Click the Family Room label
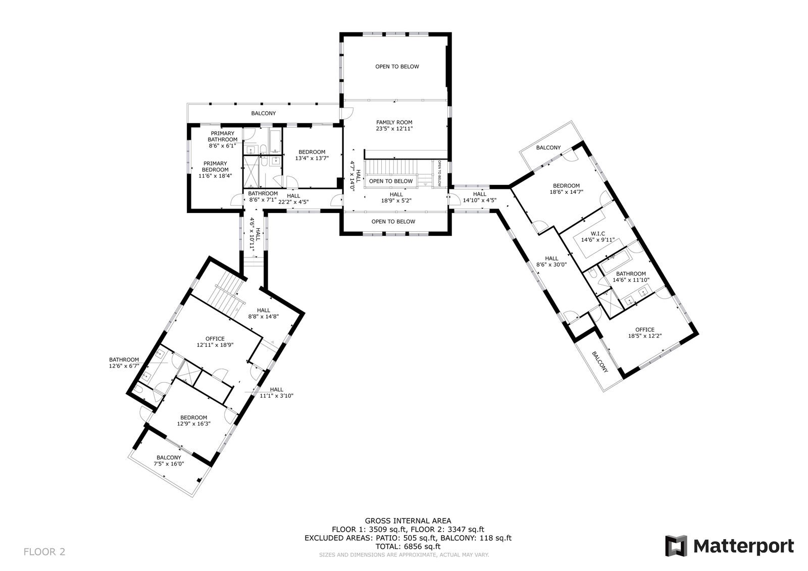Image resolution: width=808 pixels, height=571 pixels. click(x=394, y=122)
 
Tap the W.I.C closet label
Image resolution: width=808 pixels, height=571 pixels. click(x=598, y=234)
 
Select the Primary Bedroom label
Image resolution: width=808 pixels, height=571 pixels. click(x=215, y=166)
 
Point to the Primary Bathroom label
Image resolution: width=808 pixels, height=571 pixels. click(x=223, y=136)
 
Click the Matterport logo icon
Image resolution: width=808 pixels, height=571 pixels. click(x=676, y=546)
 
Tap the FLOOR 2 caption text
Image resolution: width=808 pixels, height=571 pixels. click(x=44, y=551)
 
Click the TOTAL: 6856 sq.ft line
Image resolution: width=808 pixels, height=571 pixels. click(x=408, y=546)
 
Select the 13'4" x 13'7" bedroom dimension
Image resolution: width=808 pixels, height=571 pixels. click(x=312, y=158)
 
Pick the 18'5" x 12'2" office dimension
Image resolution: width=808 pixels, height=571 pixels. click(x=644, y=335)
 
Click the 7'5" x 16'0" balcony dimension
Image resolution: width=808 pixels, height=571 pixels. click(x=169, y=463)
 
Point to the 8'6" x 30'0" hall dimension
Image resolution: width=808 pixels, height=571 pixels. click(x=551, y=265)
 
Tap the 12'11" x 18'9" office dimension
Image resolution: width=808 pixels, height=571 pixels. click(x=215, y=344)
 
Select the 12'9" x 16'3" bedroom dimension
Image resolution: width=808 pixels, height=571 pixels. click(x=194, y=424)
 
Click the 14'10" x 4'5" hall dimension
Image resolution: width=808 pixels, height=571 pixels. click(x=480, y=200)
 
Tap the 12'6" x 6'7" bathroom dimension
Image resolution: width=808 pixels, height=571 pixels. click(x=124, y=366)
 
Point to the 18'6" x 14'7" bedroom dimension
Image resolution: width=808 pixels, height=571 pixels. click(x=566, y=192)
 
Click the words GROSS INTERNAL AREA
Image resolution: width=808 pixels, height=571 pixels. click(x=408, y=521)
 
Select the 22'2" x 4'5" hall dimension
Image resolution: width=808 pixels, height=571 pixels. click(x=293, y=201)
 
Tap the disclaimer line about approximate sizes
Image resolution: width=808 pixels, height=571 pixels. click(x=404, y=555)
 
